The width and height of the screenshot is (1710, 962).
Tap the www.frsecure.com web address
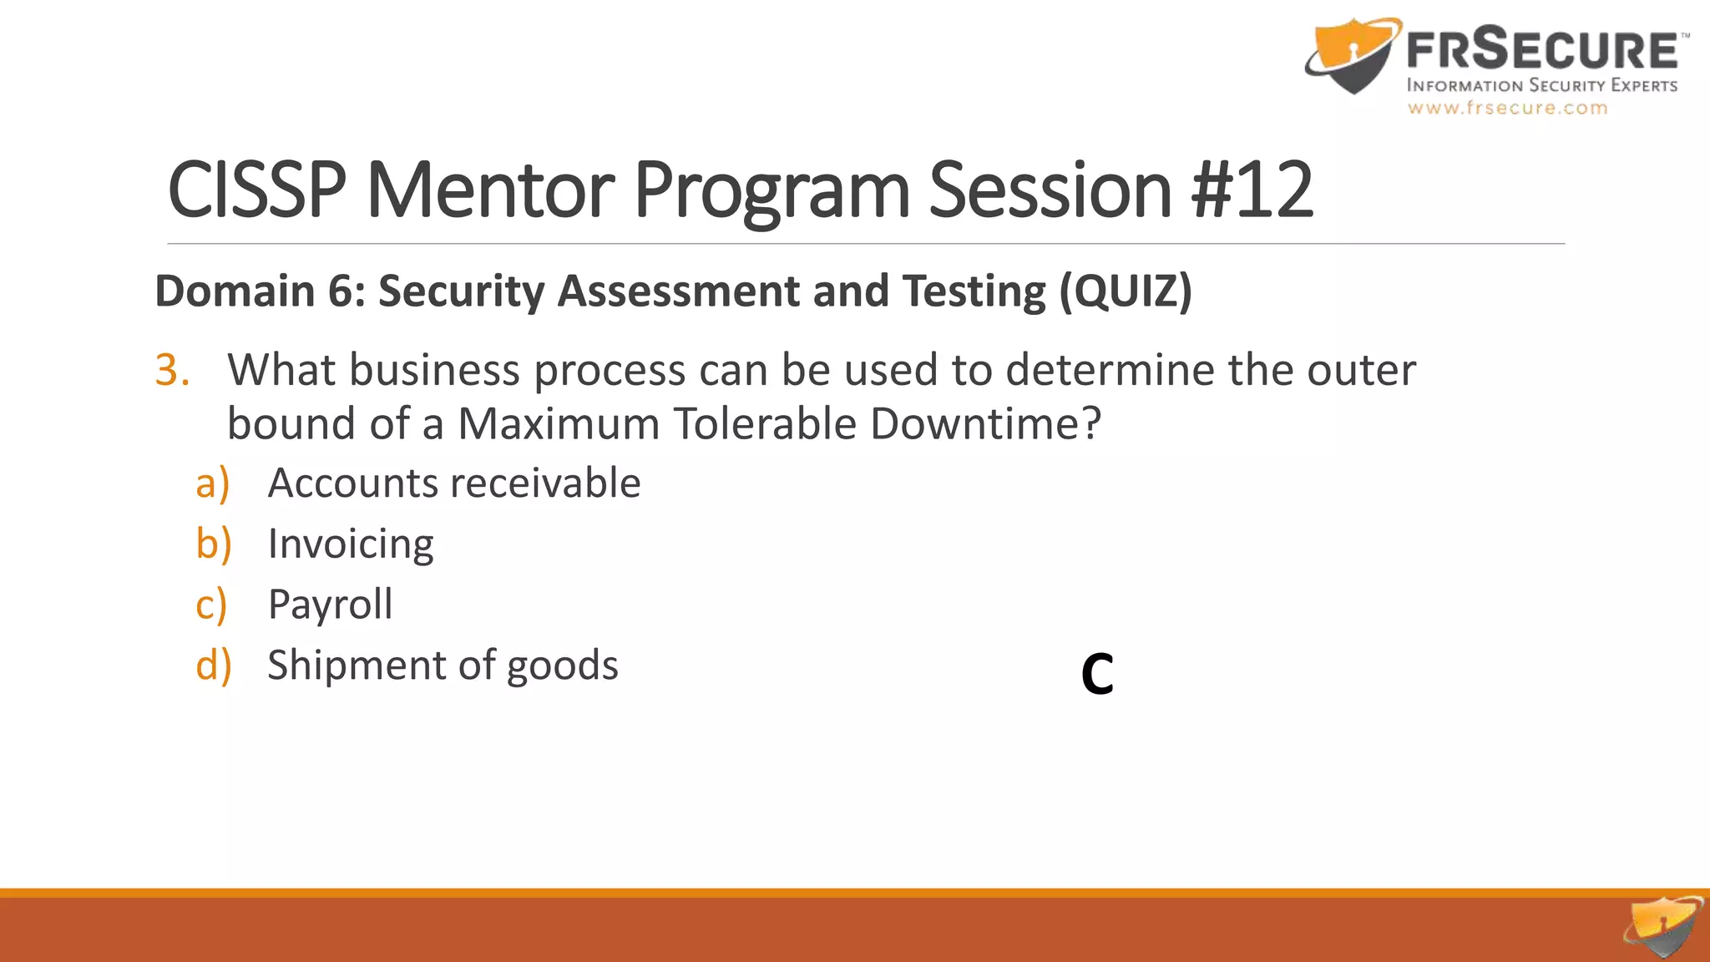1507,108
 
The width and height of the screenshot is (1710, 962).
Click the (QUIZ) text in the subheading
1126,291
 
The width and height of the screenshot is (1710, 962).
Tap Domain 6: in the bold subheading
260,291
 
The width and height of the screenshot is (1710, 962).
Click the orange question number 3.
172,370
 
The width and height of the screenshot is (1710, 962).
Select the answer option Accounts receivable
453,484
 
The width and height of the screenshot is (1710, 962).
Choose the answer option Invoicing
351,544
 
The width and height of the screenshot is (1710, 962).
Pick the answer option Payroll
330,605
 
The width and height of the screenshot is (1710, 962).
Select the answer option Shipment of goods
443,666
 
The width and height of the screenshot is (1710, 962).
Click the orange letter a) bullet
212,484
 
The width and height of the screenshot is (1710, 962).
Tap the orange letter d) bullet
213,666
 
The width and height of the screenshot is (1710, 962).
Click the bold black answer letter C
1097,674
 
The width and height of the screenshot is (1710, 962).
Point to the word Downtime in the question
985,424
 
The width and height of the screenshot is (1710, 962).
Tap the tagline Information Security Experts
1541,85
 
